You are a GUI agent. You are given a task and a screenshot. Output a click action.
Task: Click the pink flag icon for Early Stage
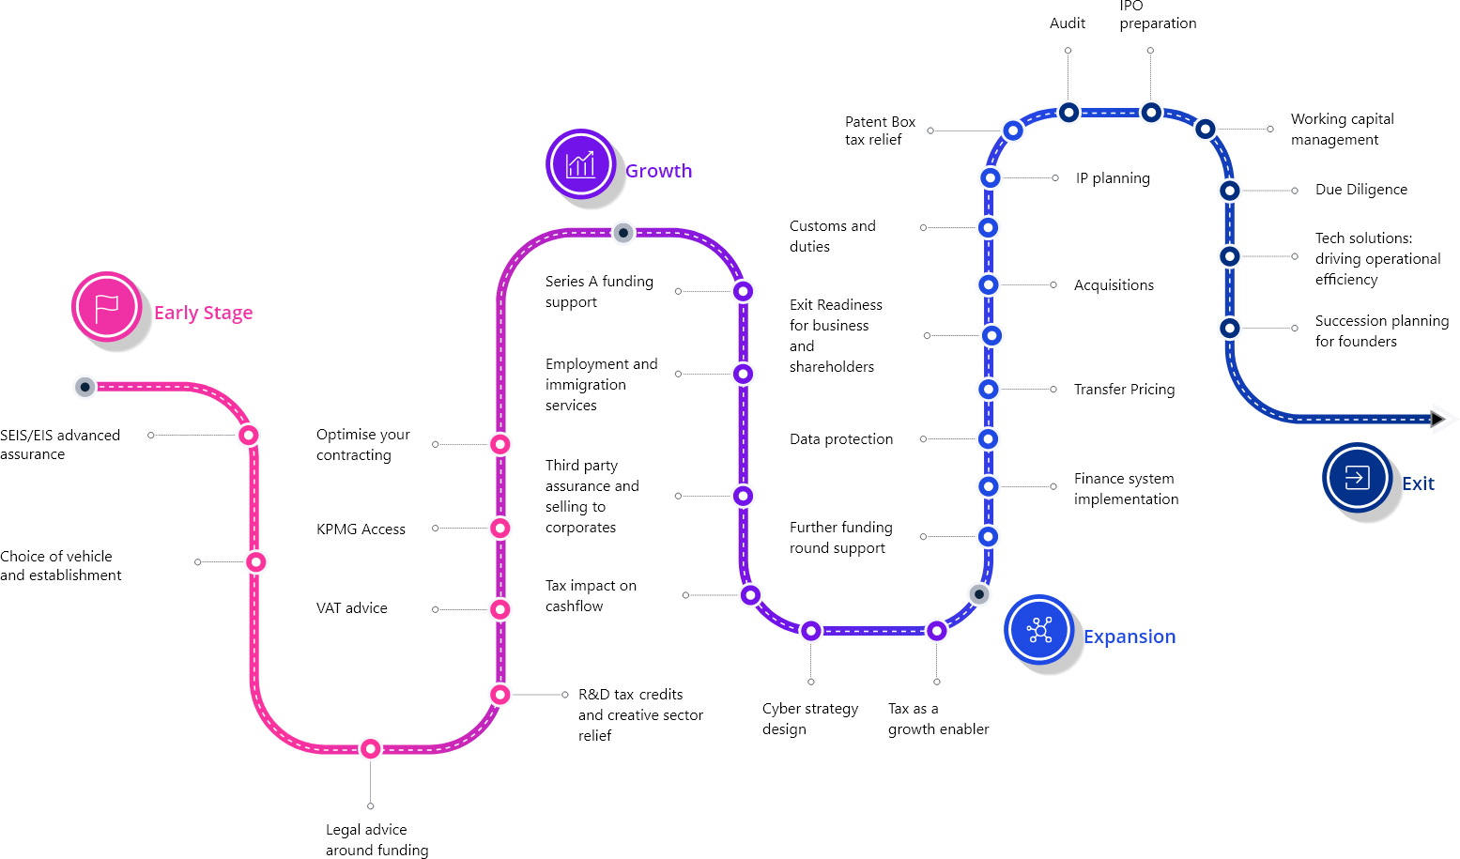point(107,307)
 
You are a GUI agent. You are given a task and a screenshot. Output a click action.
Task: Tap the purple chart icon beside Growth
point(580,164)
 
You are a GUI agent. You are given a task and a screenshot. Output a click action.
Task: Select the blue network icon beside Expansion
point(1038,630)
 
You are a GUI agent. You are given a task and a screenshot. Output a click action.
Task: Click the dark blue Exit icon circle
point(1357,477)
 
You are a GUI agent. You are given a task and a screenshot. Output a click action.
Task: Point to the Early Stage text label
point(203,313)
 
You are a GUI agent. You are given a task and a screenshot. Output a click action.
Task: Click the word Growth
point(658,171)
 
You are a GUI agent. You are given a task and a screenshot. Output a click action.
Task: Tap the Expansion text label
point(1129,637)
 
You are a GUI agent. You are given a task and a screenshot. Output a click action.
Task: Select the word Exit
point(1417,483)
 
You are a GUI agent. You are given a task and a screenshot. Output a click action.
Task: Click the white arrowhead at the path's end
point(1444,419)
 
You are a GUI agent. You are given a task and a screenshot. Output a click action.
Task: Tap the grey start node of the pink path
point(85,387)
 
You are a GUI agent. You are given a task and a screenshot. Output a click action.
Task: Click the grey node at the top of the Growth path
point(623,233)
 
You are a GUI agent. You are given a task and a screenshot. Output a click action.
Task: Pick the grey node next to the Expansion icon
point(979,594)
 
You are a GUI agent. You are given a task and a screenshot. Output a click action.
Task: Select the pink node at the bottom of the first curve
point(371,748)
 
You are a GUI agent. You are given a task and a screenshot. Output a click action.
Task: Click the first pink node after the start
point(248,435)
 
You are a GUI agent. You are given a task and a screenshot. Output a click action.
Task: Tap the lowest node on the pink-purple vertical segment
point(500,695)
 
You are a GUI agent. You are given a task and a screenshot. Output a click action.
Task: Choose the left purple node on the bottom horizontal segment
point(811,631)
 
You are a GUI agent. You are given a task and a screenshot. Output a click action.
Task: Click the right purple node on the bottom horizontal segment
point(936,631)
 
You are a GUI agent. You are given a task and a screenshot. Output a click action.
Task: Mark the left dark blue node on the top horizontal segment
point(1068,113)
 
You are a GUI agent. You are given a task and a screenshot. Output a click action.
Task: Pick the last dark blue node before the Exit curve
point(1230,329)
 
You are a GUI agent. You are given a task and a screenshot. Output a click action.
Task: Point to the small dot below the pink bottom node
point(371,806)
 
